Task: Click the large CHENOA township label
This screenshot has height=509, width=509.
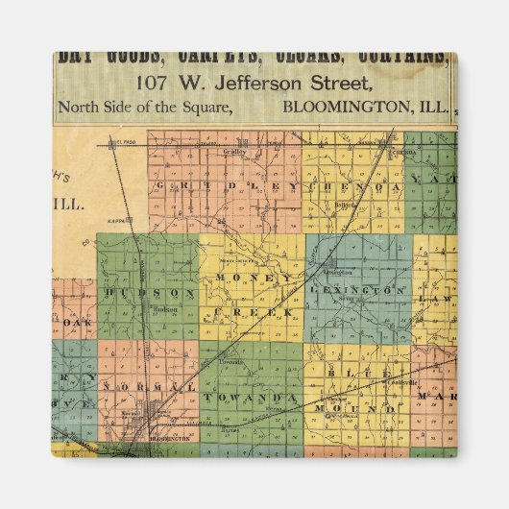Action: pyautogui.click(x=353, y=184)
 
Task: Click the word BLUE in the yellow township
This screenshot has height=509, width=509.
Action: pyautogui.click(x=357, y=370)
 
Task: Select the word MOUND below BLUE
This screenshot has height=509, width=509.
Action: pyautogui.click(x=358, y=407)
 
